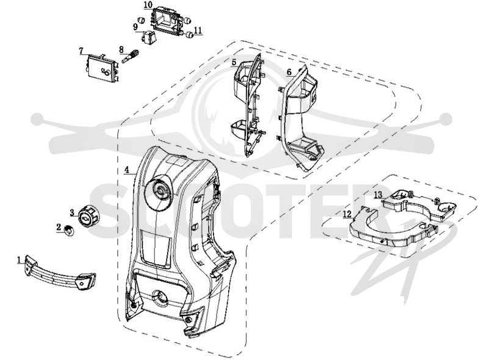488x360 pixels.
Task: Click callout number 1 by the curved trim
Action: [x=20, y=259]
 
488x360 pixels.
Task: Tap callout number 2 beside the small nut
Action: [x=59, y=228]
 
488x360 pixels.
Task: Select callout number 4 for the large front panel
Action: [x=126, y=170]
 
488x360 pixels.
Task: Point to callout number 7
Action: [x=81, y=51]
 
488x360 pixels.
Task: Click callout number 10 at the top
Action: [x=148, y=5]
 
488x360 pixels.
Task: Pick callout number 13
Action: [x=378, y=195]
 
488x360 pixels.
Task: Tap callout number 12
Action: [x=347, y=214]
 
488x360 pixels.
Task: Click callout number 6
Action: [x=289, y=72]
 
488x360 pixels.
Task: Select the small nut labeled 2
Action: [x=69, y=231]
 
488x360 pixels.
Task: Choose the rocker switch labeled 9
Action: [x=148, y=37]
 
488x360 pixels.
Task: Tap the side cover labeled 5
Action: [x=249, y=105]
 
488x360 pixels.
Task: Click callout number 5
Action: [x=234, y=63]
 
